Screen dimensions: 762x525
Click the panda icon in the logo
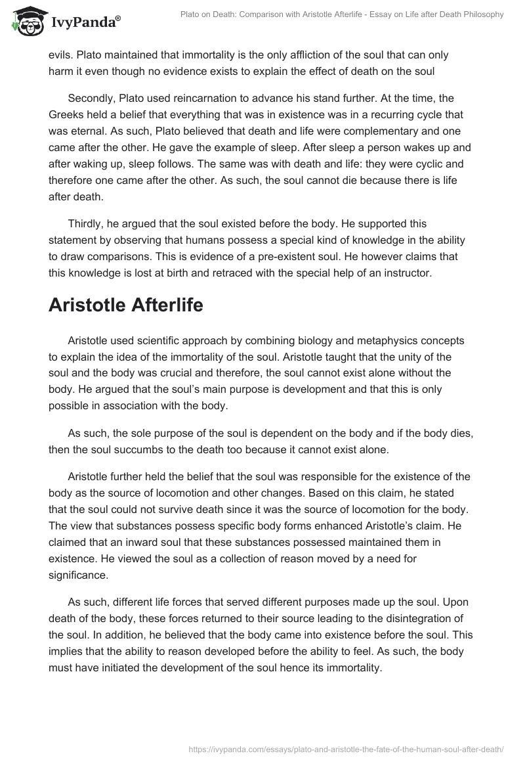[25, 22]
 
